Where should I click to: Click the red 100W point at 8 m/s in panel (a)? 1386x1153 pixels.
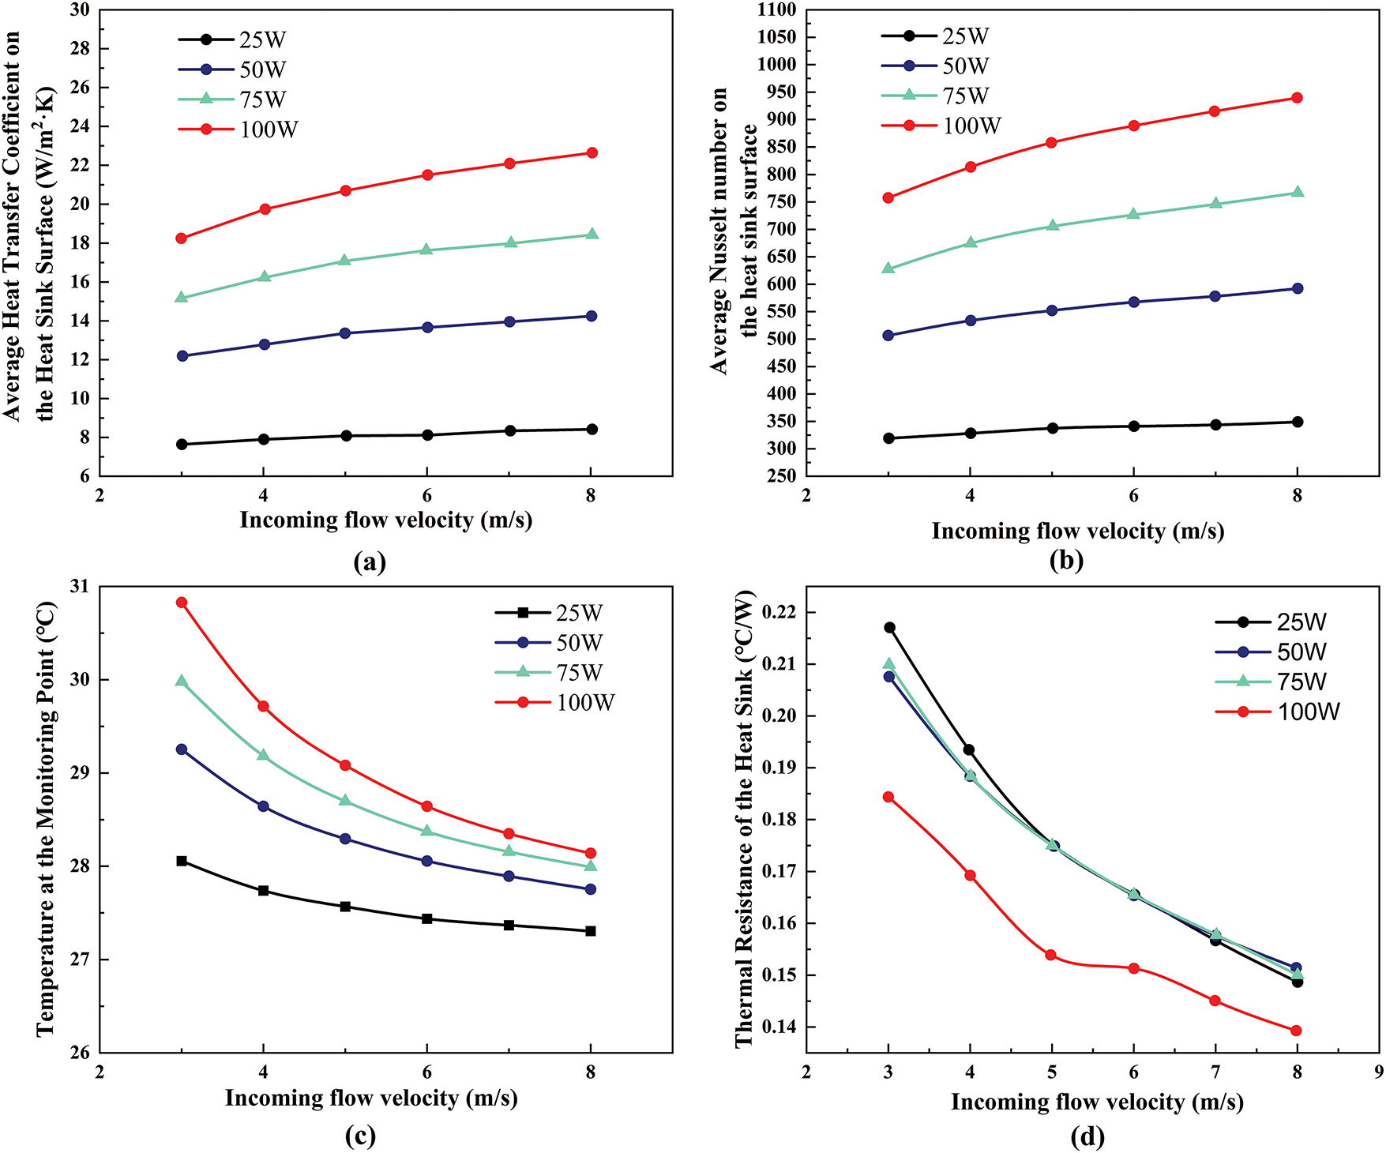(x=592, y=152)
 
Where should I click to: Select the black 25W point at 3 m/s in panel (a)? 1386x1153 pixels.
(x=182, y=445)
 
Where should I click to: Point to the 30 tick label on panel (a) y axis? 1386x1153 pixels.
(x=81, y=10)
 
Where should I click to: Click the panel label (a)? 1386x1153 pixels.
(x=370, y=561)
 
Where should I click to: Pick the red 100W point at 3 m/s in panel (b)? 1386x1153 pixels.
(x=888, y=197)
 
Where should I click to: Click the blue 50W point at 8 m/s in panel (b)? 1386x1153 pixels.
(x=1297, y=288)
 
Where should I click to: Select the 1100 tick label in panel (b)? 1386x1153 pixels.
(x=776, y=10)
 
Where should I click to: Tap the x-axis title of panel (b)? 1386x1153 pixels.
(x=1077, y=531)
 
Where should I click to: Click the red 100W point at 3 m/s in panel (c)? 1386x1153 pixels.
(x=182, y=603)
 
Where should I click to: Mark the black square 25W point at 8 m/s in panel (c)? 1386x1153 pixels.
(x=591, y=931)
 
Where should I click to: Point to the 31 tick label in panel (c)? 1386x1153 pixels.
(x=81, y=587)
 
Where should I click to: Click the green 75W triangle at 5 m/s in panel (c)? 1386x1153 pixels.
(x=345, y=800)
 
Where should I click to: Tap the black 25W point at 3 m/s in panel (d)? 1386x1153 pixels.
(x=889, y=628)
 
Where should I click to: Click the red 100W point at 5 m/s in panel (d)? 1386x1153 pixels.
(x=1051, y=955)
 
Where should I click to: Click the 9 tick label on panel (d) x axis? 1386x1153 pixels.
(x=1378, y=1072)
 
